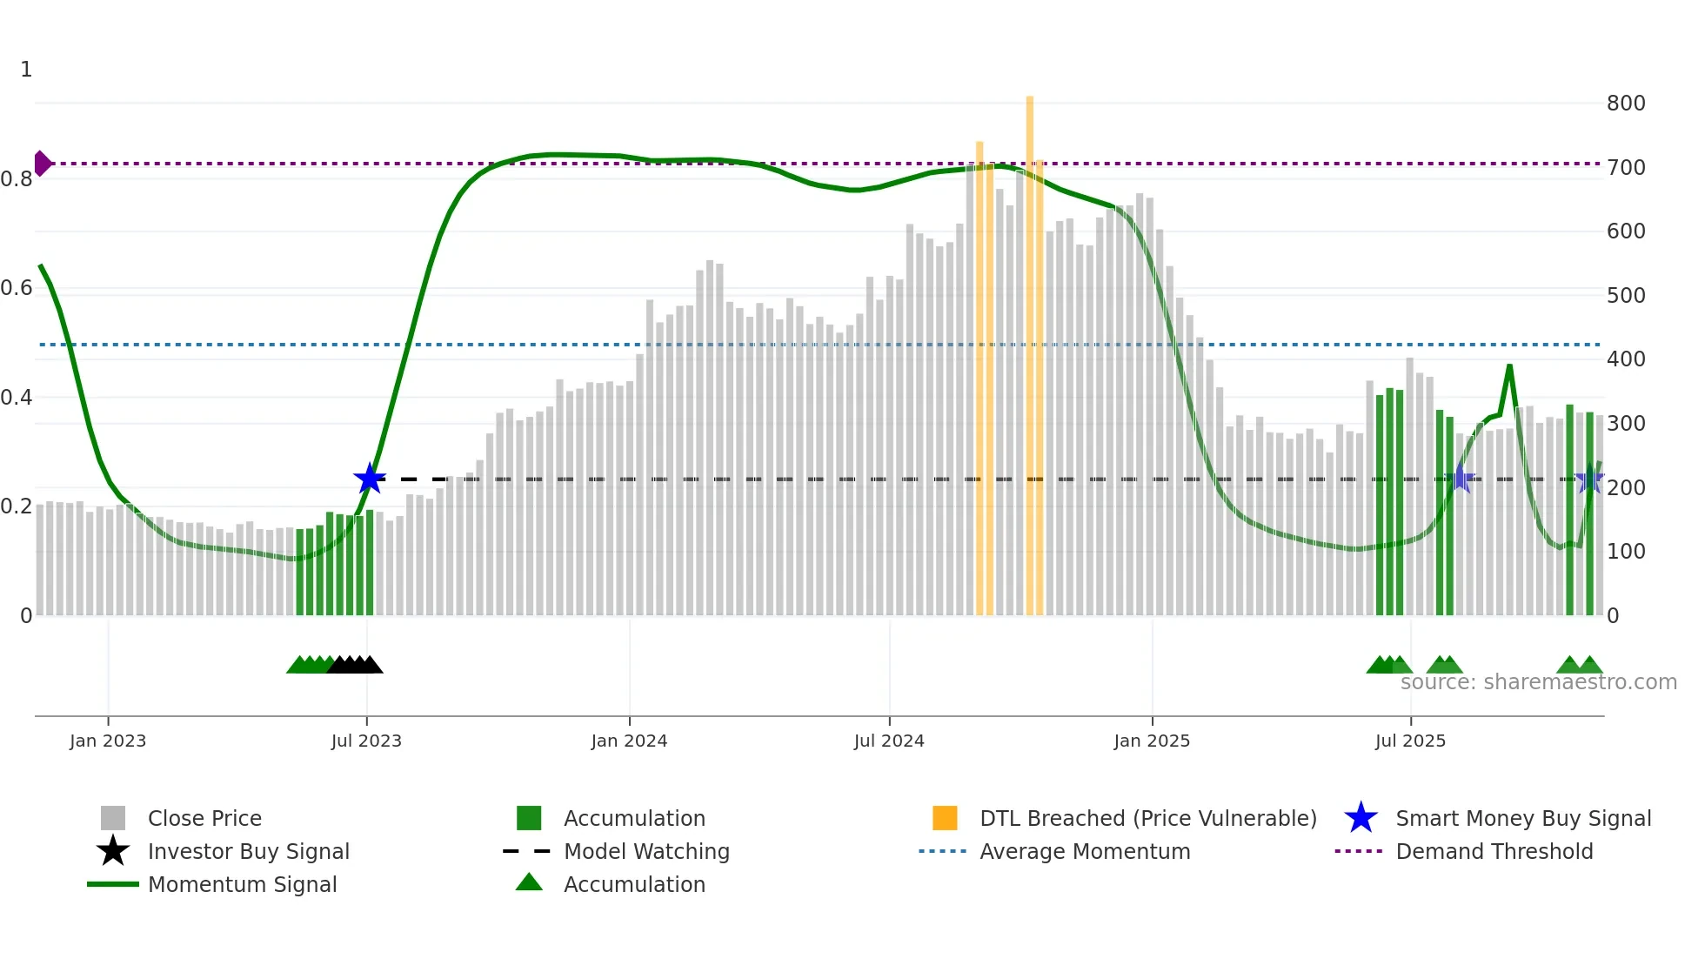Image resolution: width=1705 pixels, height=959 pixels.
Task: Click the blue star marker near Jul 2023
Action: point(370,479)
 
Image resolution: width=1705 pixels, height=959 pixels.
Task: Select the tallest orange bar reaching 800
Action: point(1030,348)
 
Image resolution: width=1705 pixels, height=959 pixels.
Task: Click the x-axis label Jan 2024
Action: point(629,741)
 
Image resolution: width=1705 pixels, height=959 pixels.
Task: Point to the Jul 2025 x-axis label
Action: point(1410,741)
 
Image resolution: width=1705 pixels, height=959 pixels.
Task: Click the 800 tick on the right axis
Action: point(1626,104)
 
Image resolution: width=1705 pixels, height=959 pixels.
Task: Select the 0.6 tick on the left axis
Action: point(17,288)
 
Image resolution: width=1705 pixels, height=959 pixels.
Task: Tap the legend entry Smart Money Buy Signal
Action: point(1522,818)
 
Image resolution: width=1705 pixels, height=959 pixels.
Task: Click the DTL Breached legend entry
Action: point(1147,818)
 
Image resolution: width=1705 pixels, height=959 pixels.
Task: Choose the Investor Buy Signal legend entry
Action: point(248,851)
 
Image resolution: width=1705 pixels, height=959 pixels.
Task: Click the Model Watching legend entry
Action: point(646,851)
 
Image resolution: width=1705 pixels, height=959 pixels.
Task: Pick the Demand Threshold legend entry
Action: point(1494,851)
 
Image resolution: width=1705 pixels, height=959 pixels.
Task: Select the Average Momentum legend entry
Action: point(1084,851)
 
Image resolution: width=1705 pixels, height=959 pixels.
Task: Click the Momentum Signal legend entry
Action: point(242,884)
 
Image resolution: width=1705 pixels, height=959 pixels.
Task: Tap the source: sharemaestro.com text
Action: point(1538,682)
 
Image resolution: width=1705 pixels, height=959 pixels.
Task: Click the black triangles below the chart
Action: point(356,665)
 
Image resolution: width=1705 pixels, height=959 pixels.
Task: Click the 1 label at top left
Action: point(26,70)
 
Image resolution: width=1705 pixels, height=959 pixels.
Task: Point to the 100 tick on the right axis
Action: point(1626,552)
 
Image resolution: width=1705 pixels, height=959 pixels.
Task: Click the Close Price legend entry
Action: point(204,818)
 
